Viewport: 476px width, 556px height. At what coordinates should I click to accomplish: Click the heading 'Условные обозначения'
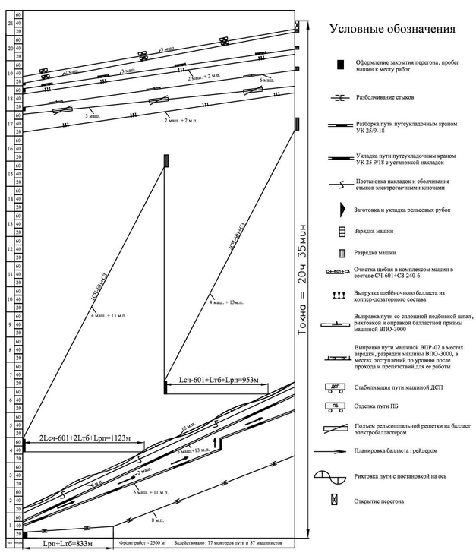(392, 30)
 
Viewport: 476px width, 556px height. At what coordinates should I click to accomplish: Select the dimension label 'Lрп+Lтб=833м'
(61, 543)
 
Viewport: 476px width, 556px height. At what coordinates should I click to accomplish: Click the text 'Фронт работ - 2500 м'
(144, 544)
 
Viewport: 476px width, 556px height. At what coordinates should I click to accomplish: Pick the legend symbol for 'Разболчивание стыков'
(341, 97)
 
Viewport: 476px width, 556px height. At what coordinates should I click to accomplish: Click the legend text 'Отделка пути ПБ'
(380, 407)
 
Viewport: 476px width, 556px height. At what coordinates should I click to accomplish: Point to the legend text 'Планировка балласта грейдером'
(403, 450)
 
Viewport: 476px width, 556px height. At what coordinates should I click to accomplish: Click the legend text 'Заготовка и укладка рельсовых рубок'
(403, 209)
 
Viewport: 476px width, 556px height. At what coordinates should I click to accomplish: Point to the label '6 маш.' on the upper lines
(265, 80)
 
